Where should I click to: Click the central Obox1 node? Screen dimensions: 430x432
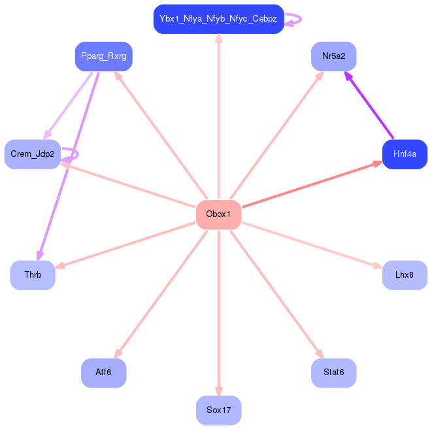click(218, 214)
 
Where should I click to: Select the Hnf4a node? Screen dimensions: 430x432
click(404, 154)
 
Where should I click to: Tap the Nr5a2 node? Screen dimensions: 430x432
click(333, 56)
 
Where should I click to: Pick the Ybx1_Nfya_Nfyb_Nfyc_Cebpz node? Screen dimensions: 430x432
click(218, 19)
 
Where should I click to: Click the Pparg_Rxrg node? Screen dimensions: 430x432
click(103, 56)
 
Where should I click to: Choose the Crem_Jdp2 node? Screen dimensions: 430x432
click(32, 154)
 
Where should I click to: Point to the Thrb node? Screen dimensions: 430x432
click(32, 275)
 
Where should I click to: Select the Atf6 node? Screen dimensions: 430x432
click(103, 372)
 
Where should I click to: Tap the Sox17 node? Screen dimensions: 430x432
click(218, 410)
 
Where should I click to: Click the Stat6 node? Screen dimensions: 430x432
click(333, 372)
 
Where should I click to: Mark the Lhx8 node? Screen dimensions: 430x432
click(404, 275)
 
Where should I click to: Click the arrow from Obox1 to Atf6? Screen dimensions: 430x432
click(161, 293)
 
